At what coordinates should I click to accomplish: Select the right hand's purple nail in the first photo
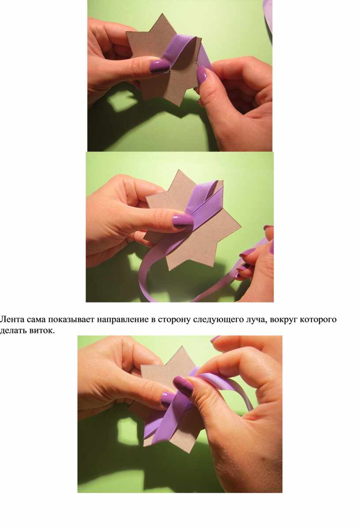(x=201, y=75)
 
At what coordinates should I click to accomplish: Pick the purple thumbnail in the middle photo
(x=183, y=221)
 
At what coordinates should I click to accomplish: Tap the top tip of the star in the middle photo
(x=179, y=170)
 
